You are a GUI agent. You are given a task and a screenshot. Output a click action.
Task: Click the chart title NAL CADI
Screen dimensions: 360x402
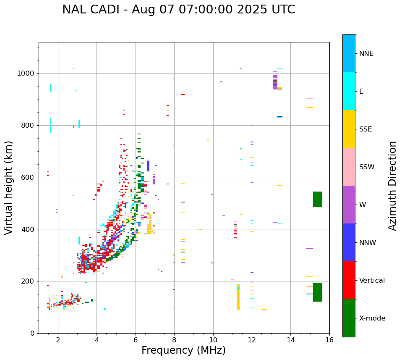tap(179, 10)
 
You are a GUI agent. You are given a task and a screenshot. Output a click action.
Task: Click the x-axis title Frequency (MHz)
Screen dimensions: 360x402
tap(183, 350)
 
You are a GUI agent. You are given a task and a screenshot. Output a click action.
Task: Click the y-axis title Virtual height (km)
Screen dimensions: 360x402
tap(9, 187)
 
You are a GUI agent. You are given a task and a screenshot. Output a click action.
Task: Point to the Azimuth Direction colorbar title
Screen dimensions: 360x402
tap(392, 186)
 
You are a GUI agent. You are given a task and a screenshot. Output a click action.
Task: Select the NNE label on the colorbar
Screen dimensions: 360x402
tap(366, 54)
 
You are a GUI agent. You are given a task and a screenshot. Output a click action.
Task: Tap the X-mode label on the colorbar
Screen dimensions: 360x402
tap(372, 318)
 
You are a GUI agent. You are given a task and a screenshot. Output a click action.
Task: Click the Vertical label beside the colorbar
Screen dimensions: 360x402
tap(372, 281)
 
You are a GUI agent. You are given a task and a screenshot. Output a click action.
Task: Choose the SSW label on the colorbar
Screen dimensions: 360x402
tap(367, 167)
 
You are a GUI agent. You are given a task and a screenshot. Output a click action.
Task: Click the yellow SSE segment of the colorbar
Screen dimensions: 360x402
tap(349, 129)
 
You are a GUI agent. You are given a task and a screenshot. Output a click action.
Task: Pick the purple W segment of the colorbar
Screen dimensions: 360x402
tap(349, 205)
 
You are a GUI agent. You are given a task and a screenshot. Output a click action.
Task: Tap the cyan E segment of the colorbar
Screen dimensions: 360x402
tap(349, 91)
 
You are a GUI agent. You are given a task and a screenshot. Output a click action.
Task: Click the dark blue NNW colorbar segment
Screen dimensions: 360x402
tap(349, 242)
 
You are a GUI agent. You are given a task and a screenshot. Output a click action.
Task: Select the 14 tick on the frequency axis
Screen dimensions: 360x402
tap(291, 339)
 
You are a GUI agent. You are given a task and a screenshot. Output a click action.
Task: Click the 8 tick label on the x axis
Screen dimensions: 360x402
tap(174, 339)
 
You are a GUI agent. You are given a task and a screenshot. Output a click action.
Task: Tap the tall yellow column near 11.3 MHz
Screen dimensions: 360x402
tap(238, 297)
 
